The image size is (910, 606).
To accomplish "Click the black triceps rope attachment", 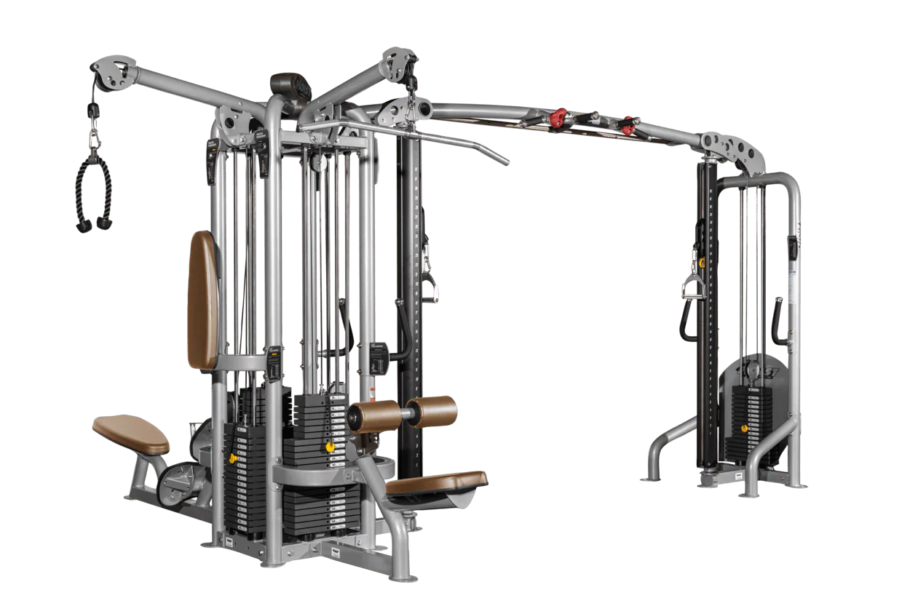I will (93, 193).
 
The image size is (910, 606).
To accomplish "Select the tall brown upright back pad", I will (202, 299).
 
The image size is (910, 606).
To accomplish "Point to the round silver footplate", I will (175, 482).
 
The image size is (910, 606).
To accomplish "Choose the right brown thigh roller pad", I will (431, 411).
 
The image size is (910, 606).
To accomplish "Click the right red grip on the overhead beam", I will (626, 126).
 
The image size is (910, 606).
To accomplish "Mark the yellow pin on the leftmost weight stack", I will (233, 458).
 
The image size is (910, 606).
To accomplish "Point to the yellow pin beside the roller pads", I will (330, 446).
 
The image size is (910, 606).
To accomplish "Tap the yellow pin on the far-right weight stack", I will (744, 428).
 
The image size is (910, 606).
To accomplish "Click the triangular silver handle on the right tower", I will (692, 287).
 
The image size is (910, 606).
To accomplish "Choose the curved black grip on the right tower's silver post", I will (778, 321).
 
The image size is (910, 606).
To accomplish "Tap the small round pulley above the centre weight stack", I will (318, 164).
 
